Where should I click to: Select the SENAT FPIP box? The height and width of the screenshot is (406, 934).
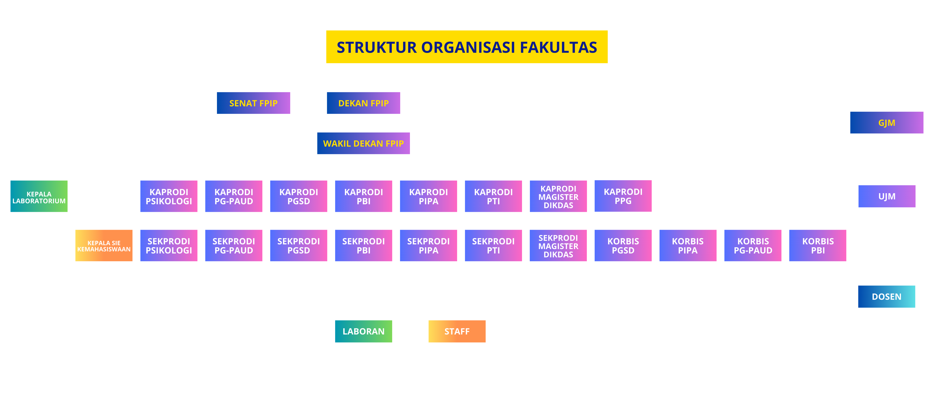(x=253, y=103)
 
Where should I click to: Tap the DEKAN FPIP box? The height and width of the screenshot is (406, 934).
(x=363, y=103)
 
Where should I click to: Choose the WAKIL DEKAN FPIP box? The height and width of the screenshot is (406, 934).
(x=363, y=143)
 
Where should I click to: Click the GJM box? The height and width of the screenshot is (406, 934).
(x=886, y=123)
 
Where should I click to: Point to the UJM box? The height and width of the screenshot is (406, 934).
(x=886, y=196)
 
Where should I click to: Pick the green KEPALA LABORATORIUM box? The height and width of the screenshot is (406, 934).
(x=39, y=196)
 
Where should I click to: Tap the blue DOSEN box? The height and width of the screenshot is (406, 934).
(x=886, y=296)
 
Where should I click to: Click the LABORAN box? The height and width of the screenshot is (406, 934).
(x=363, y=331)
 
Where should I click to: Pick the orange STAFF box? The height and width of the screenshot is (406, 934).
(x=457, y=331)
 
